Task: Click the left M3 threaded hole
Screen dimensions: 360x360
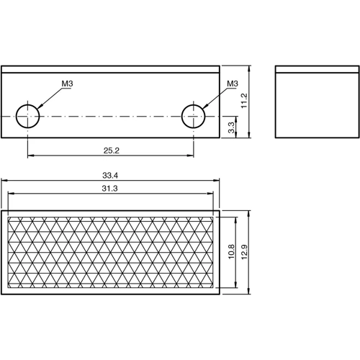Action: click(x=27, y=114)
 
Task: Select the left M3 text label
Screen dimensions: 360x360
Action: click(x=68, y=84)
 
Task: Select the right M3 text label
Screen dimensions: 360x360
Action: click(x=233, y=84)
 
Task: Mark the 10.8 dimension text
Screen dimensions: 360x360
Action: click(x=230, y=252)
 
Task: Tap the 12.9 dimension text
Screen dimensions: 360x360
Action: click(x=244, y=252)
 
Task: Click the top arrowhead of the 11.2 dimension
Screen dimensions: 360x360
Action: click(x=249, y=70)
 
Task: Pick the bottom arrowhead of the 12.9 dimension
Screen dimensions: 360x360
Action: click(x=249, y=292)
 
